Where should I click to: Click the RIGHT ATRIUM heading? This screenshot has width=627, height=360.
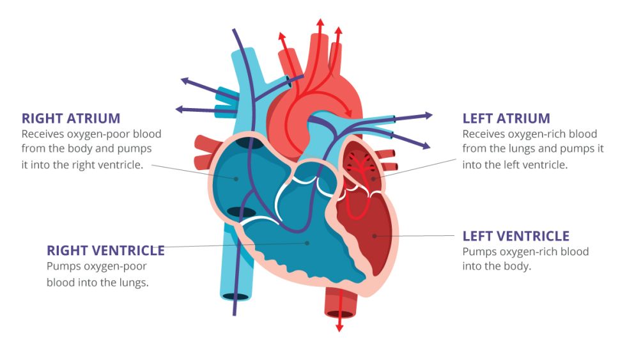71,118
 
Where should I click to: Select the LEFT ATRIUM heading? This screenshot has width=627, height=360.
506,118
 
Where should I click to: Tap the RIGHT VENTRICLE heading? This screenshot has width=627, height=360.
105,250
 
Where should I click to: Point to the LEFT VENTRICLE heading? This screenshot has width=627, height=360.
516,237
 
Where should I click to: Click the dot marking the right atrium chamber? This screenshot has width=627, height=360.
236,178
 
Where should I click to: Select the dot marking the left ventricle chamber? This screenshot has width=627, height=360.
374,236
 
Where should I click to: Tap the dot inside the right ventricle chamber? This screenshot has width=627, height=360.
307,243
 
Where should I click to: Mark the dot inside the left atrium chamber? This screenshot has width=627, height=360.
373,178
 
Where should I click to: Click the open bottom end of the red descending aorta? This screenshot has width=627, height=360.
339,313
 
